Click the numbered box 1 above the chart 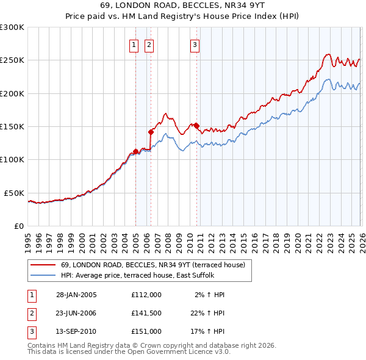coord(134,44)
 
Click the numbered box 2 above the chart coord(149,44)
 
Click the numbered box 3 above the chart coord(195,44)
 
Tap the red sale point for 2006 coord(151,131)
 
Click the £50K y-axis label coord(14,193)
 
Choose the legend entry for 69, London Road coord(152,265)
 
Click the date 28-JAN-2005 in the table coord(76,295)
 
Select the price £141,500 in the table coord(146,313)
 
